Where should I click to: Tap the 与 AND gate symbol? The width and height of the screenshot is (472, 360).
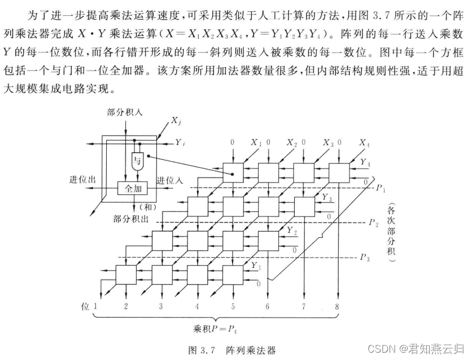[138, 162]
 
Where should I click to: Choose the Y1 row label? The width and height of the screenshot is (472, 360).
[257, 264]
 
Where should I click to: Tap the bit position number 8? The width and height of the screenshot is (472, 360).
[337, 306]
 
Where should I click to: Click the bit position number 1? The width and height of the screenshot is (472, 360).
[96, 306]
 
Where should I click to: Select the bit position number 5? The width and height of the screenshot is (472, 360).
[232, 306]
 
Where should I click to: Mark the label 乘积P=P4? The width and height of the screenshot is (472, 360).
[217, 329]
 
